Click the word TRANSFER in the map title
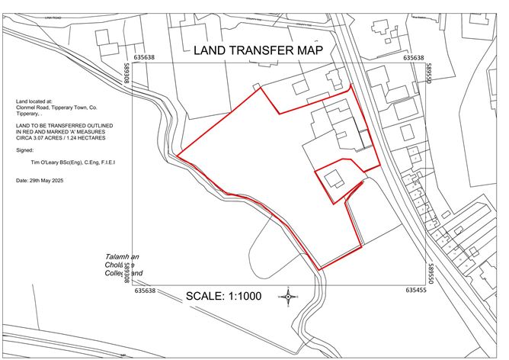click(259, 51)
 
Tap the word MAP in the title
click(307, 51)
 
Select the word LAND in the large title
click(210, 51)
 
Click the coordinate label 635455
click(416, 291)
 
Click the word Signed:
click(24, 151)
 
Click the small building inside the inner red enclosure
click(335, 180)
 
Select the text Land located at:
click(34, 101)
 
